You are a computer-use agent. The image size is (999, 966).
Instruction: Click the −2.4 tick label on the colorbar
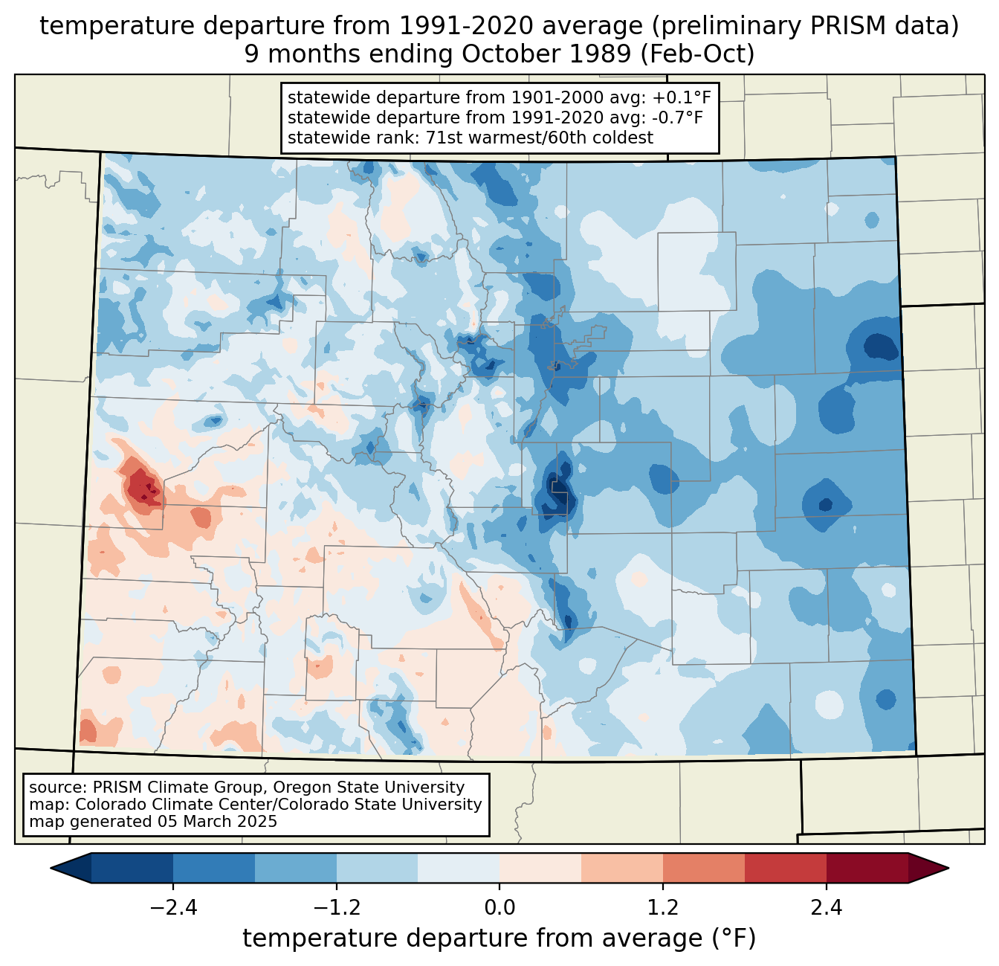pos(173,908)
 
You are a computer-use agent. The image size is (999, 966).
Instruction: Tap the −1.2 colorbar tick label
pos(337,908)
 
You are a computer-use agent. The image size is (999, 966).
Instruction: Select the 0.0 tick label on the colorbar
pos(499,908)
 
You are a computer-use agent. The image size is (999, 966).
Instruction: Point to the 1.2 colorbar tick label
pos(663,908)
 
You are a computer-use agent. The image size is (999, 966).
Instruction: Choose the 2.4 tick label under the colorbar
pos(827,908)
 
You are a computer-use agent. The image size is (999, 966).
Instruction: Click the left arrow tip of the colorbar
pos(51,869)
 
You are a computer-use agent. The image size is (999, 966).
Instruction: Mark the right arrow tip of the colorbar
pos(948,869)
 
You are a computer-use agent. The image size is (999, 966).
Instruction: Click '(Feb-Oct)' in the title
pos(698,54)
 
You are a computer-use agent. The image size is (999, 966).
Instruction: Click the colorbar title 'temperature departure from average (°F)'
pos(499,938)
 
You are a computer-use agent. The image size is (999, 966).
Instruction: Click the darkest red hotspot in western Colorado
pos(147,487)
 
